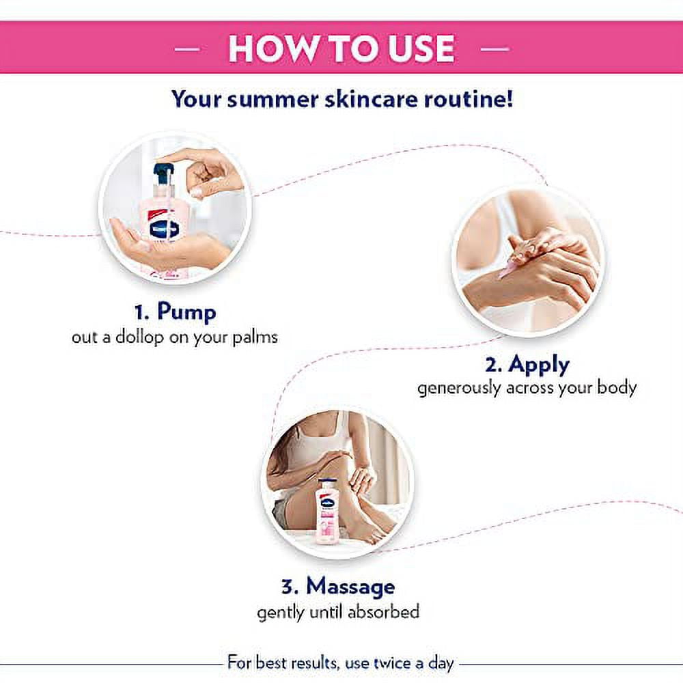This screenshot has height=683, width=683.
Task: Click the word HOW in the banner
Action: click(x=273, y=48)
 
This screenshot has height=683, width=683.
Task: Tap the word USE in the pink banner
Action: click(x=421, y=48)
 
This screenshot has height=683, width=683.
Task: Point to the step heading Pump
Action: click(x=186, y=312)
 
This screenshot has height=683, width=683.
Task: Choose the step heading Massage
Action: click(x=350, y=586)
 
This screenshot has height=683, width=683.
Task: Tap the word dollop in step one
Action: click(x=139, y=338)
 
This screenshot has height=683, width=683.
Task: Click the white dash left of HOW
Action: click(x=187, y=48)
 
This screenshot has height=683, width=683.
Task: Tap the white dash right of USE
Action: click(x=494, y=48)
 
